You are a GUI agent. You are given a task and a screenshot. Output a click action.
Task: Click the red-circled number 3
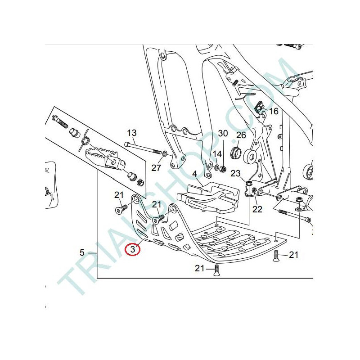[132, 249]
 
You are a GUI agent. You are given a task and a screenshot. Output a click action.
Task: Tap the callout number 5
[82, 253]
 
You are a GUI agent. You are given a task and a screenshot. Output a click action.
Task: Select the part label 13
[132, 133]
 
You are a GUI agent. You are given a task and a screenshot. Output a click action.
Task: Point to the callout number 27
[156, 168]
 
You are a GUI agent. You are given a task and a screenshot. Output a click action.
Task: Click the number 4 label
[194, 174]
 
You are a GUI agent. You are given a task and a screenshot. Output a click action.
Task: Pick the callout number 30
[223, 133]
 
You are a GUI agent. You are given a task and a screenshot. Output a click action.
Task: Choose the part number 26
[241, 135]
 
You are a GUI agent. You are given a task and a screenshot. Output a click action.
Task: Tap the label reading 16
[274, 111]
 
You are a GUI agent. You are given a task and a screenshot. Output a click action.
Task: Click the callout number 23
[235, 173]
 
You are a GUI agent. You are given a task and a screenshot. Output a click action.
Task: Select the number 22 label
[257, 209]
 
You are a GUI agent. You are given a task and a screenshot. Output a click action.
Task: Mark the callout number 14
[217, 154]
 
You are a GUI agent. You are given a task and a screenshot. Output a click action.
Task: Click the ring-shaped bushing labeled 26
[236, 153]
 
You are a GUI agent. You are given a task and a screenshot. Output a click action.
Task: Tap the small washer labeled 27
[165, 153]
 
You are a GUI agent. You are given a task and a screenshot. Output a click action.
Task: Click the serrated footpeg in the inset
[105, 158]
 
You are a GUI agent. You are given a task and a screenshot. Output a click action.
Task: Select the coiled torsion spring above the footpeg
[84, 140]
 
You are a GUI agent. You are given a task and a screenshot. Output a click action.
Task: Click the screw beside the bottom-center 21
[216, 270]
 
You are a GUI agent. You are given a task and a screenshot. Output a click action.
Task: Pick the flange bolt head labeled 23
[249, 184]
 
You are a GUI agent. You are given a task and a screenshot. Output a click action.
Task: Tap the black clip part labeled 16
[260, 107]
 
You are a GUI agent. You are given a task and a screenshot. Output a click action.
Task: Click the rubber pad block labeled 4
[208, 198]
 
